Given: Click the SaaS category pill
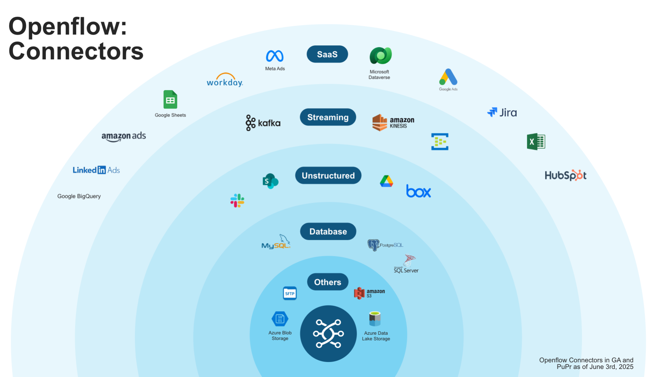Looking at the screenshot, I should click(327, 54).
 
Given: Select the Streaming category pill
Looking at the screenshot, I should click(328, 117).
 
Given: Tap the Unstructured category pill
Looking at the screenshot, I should click(328, 176).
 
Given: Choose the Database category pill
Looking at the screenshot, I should click(328, 231).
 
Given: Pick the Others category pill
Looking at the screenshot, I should click(327, 282).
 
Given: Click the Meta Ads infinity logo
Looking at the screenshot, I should click(275, 56).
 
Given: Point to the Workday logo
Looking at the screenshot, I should click(225, 81).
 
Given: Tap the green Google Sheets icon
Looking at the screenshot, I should click(170, 100).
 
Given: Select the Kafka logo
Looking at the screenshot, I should click(263, 123).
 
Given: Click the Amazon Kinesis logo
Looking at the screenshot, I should click(393, 123).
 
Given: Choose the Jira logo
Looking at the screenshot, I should click(502, 112).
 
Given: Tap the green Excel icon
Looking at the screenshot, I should click(536, 142).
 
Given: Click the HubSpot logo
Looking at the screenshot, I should click(565, 175).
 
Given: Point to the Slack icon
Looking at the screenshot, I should click(237, 201).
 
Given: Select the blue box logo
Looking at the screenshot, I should click(418, 191).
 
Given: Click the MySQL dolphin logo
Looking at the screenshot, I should click(276, 242).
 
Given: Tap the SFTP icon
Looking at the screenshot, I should click(290, 293).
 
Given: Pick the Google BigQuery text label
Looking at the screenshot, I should click(79, 196).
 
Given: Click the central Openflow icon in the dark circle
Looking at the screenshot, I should click(328, 334).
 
